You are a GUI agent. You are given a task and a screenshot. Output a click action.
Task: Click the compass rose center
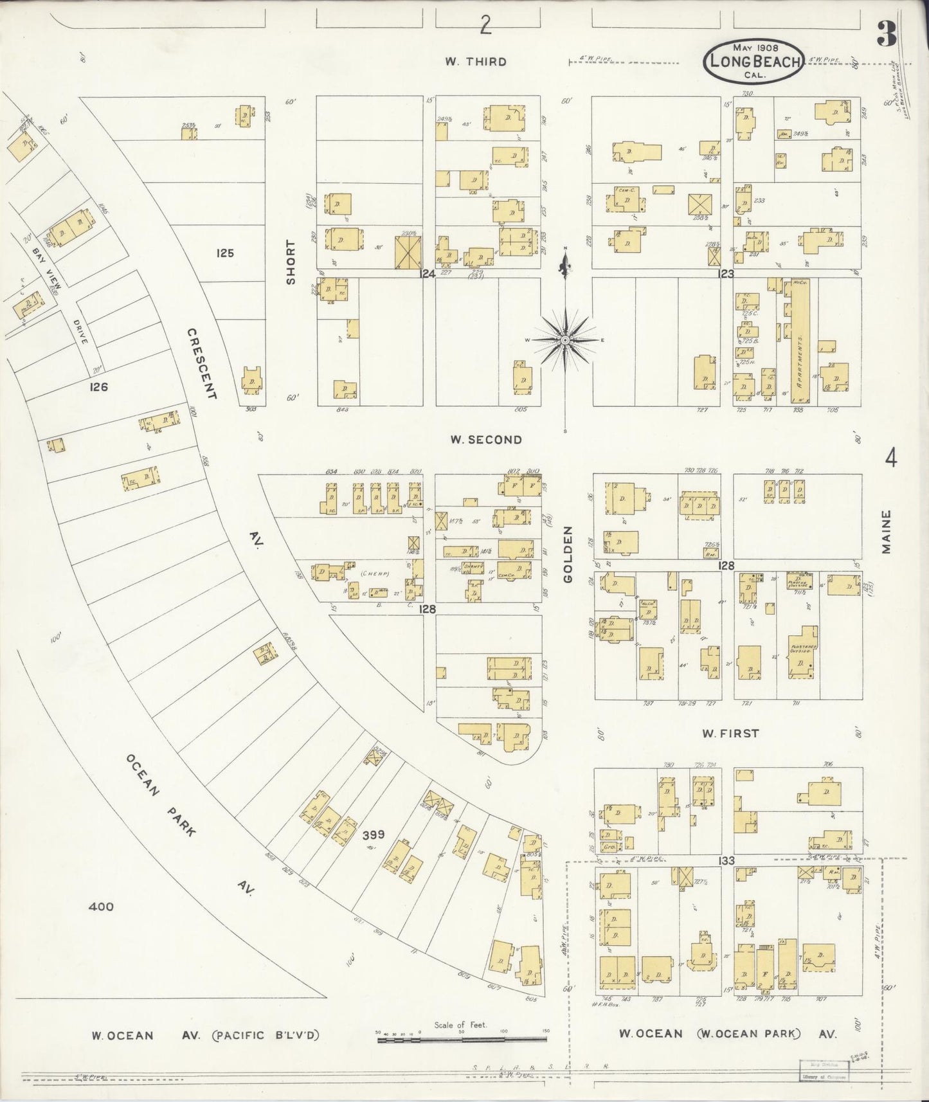564,339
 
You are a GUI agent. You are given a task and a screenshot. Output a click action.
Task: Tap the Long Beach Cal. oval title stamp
753,62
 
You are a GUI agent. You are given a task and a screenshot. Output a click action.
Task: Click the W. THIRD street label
476,62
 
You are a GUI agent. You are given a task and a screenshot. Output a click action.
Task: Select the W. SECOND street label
485,440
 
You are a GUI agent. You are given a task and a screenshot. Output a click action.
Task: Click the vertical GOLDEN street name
568,554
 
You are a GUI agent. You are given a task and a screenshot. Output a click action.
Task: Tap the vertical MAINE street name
887,532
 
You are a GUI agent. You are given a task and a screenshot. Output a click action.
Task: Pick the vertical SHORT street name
291,262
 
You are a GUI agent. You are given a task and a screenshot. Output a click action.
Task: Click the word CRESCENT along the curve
203,363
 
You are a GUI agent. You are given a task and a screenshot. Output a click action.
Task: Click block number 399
373,835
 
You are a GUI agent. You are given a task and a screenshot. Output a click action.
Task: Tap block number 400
101,907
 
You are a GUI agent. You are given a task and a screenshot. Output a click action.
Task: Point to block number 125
225,253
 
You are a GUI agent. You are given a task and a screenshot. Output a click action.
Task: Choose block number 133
726,860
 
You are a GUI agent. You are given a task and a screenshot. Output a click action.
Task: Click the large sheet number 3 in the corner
887,34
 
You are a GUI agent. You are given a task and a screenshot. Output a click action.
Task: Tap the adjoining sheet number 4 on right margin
891,459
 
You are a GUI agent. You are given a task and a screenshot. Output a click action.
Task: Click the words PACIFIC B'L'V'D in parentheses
265,1035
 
